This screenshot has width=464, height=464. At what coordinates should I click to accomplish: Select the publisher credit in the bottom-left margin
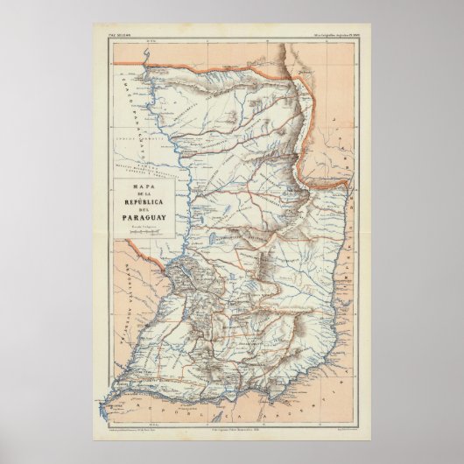[140, 434]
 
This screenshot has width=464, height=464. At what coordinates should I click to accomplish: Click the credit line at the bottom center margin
[232, 434]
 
